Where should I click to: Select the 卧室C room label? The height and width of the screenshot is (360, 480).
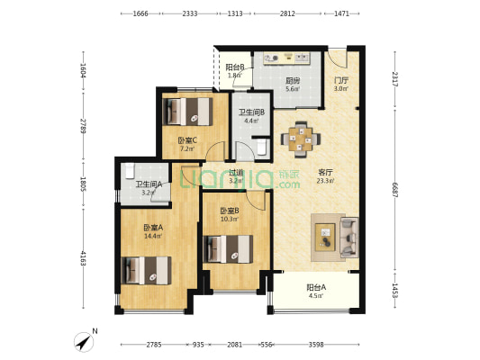(187, 139)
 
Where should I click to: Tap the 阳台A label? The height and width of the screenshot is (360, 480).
(316, 288)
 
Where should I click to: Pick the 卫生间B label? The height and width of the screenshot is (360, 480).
(249, 112)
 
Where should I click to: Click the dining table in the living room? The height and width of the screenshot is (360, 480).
(301, 139)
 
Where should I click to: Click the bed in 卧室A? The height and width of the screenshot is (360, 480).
(147, 269)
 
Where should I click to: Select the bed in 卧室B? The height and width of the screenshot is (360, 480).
(226, 247)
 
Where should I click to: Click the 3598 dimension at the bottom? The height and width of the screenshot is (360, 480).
(322, 345)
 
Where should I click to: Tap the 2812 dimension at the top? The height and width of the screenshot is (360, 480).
(286, 14)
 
